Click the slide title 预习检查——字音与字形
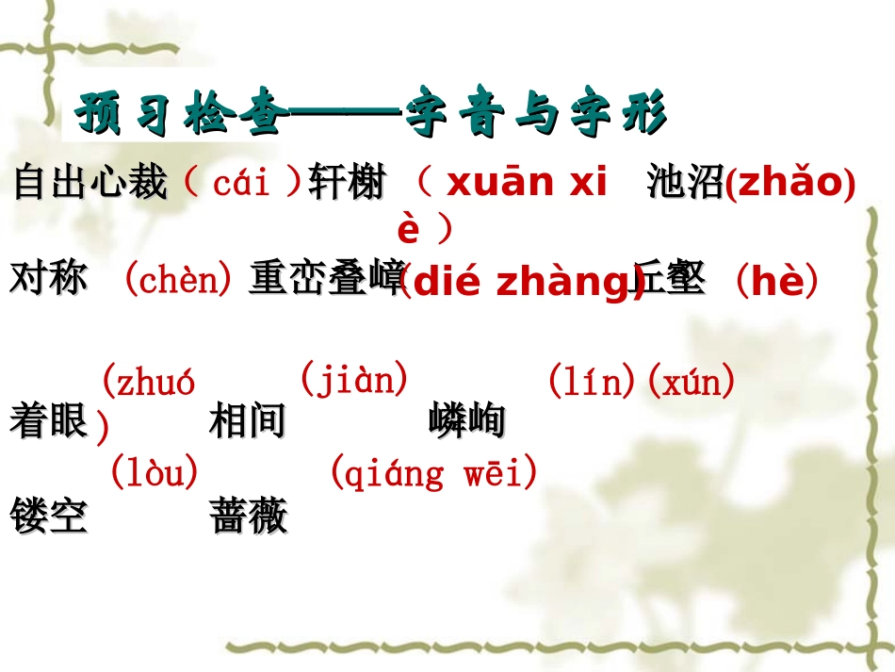(x=371, y=115)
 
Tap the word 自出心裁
(x=90, y=183)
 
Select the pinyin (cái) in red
(x=243, y=182)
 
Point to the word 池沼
(x=685, y=183)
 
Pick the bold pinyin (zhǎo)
(x=789, y=183)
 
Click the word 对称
(x=49, y=279)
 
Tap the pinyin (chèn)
(x=178, y=279)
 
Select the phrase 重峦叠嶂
(x=326, y=280)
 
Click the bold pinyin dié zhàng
(x=520, y=282)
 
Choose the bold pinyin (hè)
(x=775, y=281)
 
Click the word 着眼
(x=49, y=421)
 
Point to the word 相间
(x=247, y=421)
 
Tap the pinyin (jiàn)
(x=354, y=379)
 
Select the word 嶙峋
(x=466, y=421)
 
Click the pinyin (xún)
(x=691, y=383)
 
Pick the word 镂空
(x=49, y=516)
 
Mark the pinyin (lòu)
(x=155, y=471)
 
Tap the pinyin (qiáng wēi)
(x=433, y=471)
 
